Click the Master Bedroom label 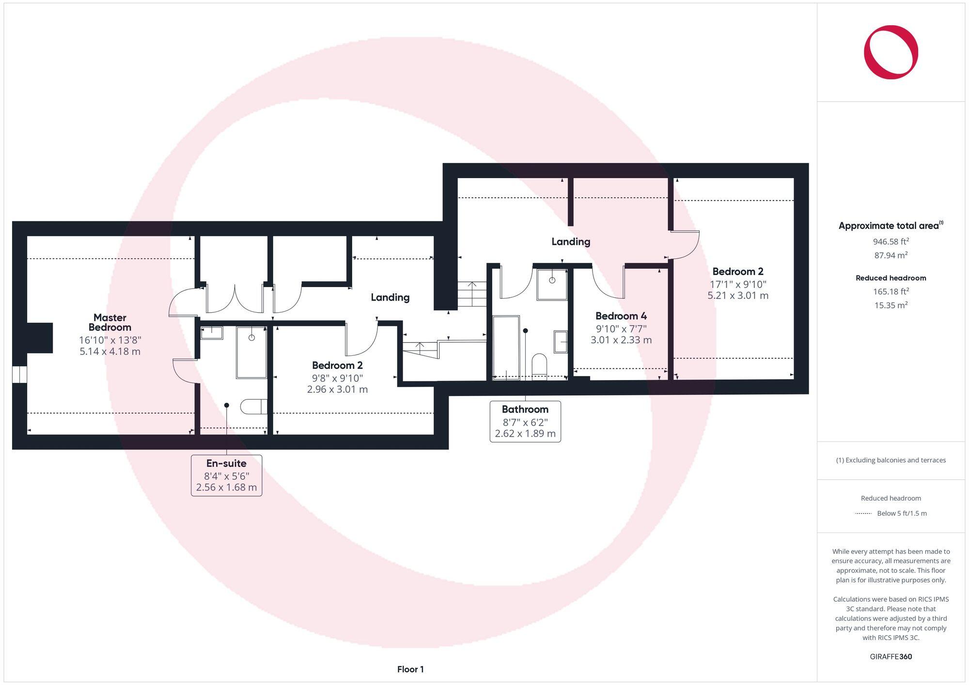pyautogui.click(x=110, y=322)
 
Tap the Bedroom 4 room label pyautogui.click(x=621, y=316)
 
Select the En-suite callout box pyautogui.click(x=226, y=475)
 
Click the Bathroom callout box pyautogui.click(x=525, y=421)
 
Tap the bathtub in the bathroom pyautogui.click(x=506, y=347)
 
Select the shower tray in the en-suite pyautogui.click(x=251, y=352)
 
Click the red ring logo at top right pyautogui.click(x=891, y=52)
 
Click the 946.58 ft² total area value pyautogui.click(x=891, y=241)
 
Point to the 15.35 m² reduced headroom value pyautogui.click(x=891, y=305)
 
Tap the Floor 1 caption pyautogui.click(x=410, y=670)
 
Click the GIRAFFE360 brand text pyautogui.click(x=891, y=657)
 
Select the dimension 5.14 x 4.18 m pyautogui.click(x=110, y=351)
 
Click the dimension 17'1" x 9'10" pyautogui.click(x=738, y=284)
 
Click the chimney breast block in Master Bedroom pyautogui.click(x=40, y=337)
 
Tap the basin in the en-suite pyautogui.click(x=211, y=333)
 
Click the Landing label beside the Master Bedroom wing pyautogui.click(x=390, y=297)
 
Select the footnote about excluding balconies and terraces pyautogui.click(x=891, y=460)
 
